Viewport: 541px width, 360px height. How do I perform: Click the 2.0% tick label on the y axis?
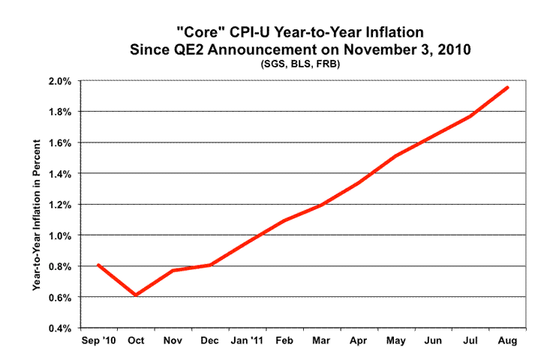[60, 81]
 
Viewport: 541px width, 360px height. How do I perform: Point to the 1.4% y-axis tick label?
[60, 173]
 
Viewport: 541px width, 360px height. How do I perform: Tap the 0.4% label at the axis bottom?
[60, 328]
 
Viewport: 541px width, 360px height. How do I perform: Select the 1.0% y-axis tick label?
[60, 235]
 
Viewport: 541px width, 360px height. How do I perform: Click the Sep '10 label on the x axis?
[99, 341]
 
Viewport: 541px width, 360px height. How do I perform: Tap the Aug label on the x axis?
[506, 341]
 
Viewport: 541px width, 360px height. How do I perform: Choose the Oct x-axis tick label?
[136, 341]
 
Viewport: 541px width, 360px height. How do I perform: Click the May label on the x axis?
[396, 341]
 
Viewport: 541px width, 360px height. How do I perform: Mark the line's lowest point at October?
[136, 295]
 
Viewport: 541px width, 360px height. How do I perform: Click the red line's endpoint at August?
[508, 87]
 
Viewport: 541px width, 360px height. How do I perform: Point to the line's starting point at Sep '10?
[98, 265]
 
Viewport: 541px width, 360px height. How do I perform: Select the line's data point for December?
[209, 264]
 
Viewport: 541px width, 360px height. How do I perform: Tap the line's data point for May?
[396, 156]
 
